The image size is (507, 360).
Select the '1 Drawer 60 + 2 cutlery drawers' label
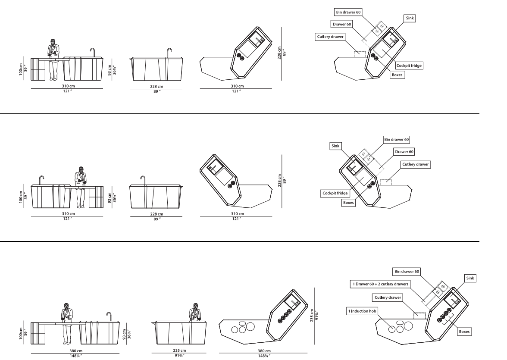(x=379, y=284)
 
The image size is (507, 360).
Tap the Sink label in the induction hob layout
(x=470, y=279)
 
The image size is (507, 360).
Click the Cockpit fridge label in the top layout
(x=409, y=65)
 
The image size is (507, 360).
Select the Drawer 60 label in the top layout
(x=341, y=24)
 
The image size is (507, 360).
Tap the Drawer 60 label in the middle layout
(x=404, y=152)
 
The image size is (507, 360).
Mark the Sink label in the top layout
(x=410, y=18)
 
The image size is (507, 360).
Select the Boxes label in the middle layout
(x=348, y=202)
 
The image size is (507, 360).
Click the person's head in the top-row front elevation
(x=52, y=42)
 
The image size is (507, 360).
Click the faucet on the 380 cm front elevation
(x=109, y=316)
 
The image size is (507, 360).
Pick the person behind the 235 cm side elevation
(x=197, y=312)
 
